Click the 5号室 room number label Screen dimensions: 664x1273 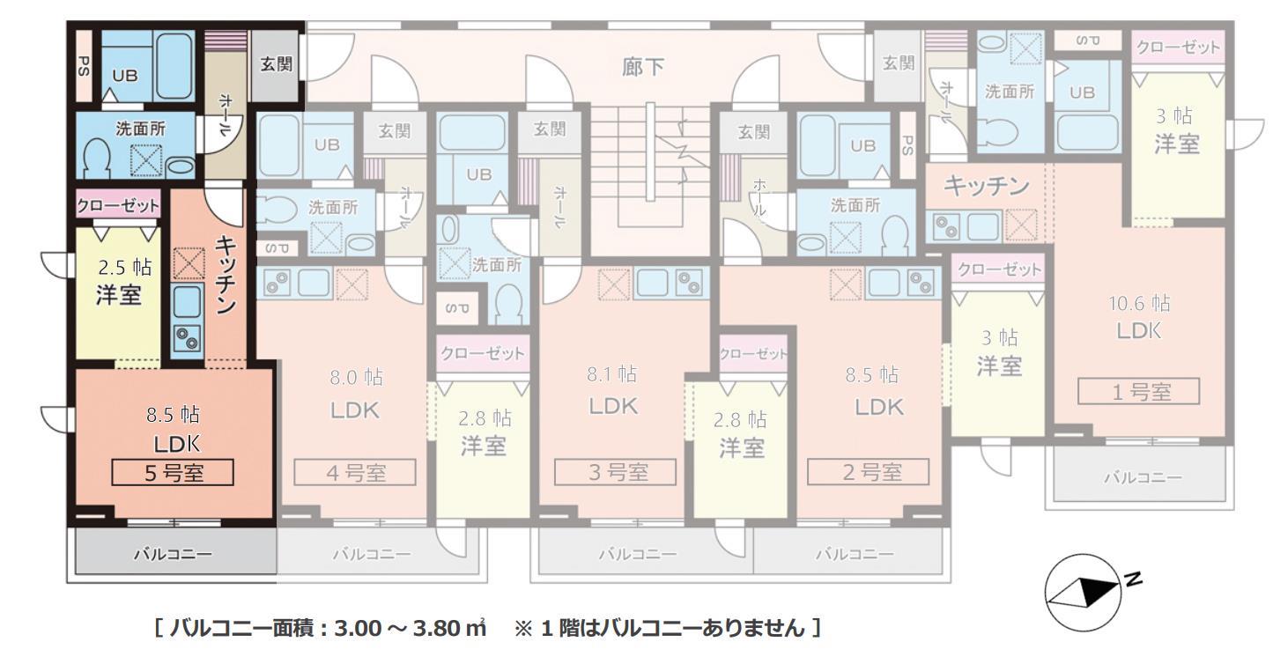(x=173, y=472)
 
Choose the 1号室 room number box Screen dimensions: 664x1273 (x=1139, y=392)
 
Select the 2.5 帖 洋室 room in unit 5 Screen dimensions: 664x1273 (x=118, y=282)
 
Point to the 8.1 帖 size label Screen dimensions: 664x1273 (x=612, y=374)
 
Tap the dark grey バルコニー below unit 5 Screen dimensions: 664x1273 (x=173, y=554)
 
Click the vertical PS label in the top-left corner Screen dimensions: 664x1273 (x=84, y=66)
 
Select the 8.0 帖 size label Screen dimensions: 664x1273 (x=356, y=378)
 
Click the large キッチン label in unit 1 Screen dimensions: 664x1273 (x=986, y=186)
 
